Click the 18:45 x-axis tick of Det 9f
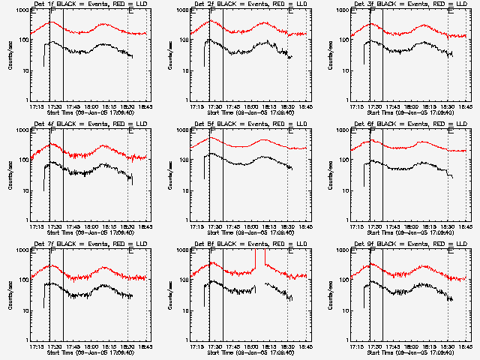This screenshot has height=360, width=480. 465,346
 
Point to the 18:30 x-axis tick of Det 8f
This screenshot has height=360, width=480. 287,346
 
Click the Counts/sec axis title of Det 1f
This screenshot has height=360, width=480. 10,55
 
